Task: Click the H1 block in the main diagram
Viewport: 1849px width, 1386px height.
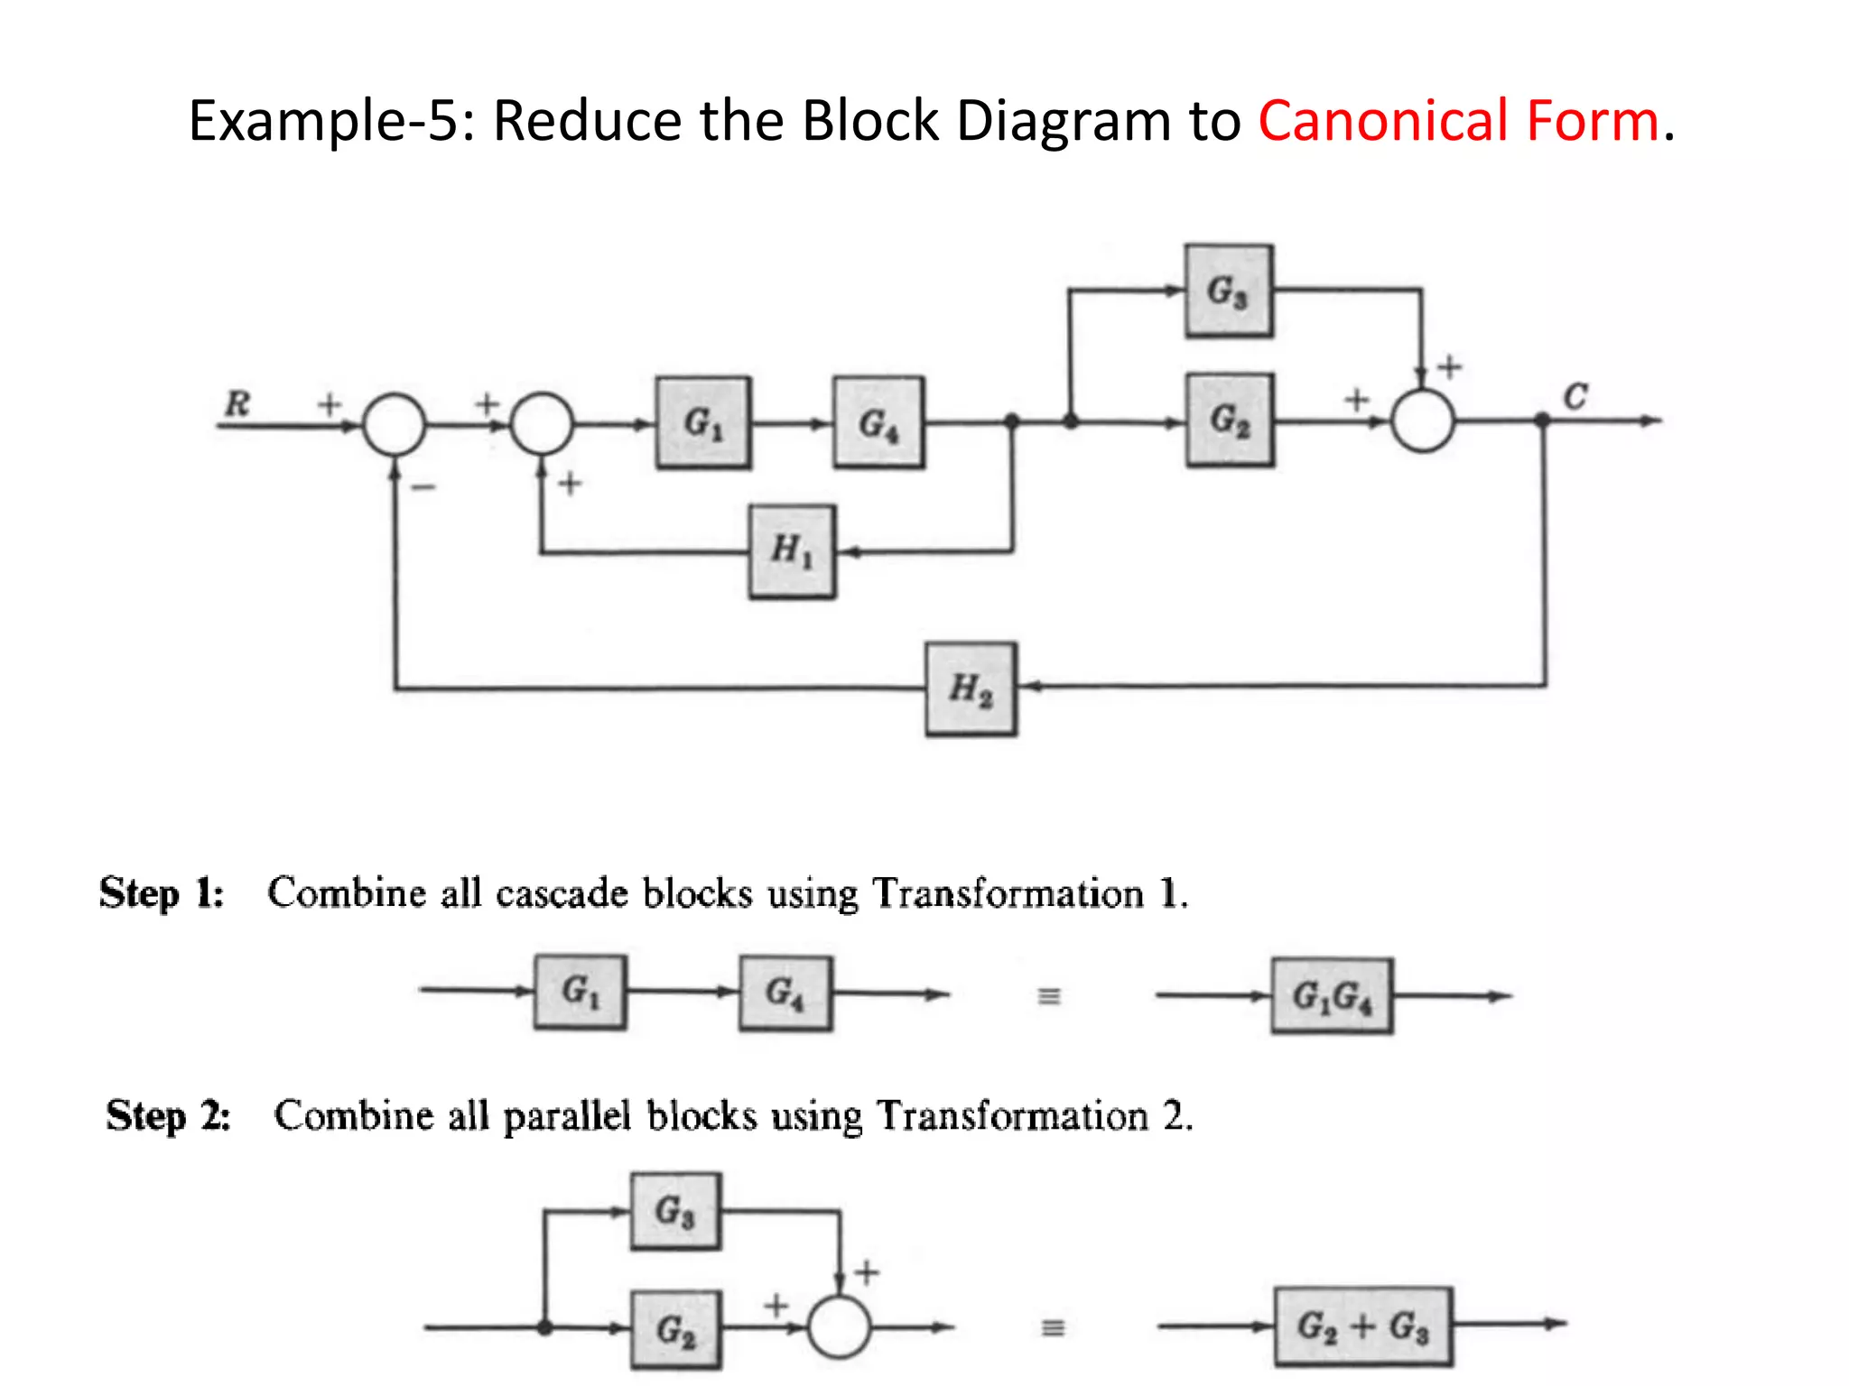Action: (x=792, y=550)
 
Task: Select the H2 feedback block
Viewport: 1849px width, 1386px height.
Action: (x=971, y=688)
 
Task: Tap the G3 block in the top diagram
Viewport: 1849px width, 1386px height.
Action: (x=1229, y=291)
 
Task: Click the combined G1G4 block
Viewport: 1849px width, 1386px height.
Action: (x=1332, y=996)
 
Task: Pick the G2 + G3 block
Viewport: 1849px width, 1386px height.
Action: (x=1363, y=1326)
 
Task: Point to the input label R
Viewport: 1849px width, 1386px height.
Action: (x=237, y=402)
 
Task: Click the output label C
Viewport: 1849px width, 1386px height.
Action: (x=1575, y=396)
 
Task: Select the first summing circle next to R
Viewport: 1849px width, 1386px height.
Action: (x=395, y=424)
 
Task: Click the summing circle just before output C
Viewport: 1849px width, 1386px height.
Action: (x=1423, y=421)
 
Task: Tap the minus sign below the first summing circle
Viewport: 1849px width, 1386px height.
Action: (x=423, y=487)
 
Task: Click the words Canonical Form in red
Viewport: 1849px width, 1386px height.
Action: (x=1458, y=121)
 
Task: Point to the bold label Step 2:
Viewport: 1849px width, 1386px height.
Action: (x=168, y=1115)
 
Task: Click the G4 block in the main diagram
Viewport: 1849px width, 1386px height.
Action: (x=878, y=422)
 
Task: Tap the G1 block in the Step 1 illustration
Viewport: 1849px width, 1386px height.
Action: (x=580, y=992)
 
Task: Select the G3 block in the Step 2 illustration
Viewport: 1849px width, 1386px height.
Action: (x=675, y=1211)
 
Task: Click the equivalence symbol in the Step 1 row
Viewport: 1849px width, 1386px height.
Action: (x=1048, y=996)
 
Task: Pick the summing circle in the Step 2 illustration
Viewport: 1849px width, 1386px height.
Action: (x=839, y=1326)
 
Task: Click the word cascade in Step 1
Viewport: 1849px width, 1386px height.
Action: (x=561, y=893)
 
